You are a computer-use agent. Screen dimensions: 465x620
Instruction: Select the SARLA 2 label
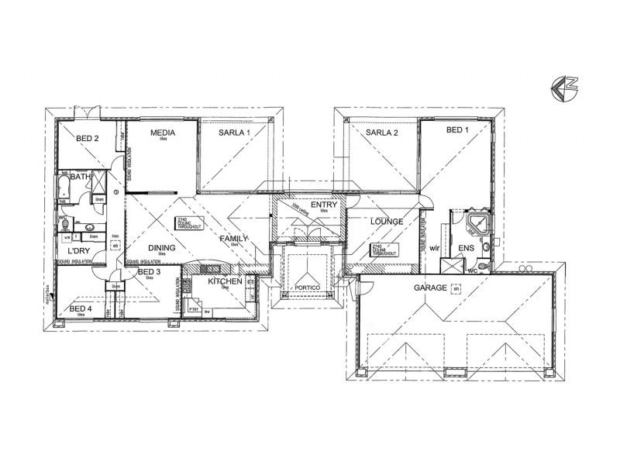tap(381, 133)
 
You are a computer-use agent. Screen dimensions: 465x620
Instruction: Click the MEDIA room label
tap(163, 133)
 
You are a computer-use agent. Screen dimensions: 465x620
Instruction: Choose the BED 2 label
tap(87, 139)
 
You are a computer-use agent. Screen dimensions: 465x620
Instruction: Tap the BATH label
tap(81, 177)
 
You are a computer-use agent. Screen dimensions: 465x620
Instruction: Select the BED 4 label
tap(81, 308)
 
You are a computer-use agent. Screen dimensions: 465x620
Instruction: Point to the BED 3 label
tap(148, 272)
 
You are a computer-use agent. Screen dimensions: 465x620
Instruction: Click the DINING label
tap(163, 248)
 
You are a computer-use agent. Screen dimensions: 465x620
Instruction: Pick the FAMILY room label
tap(233, 238)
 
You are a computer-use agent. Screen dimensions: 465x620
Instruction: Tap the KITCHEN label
tap(226, 281)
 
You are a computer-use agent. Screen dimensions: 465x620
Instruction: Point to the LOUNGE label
tap(387, 222)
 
